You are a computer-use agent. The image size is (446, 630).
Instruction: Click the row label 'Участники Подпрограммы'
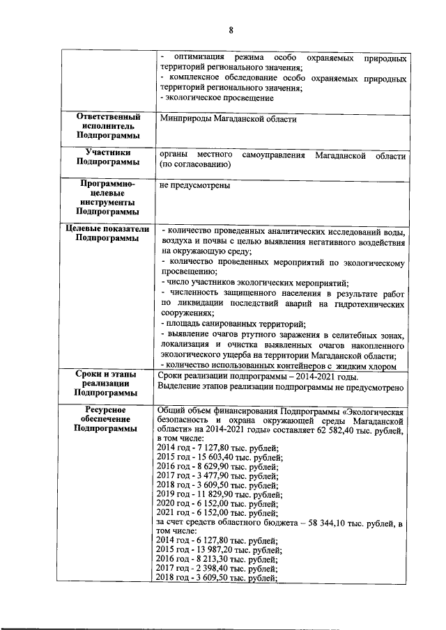click(x=107, y=157)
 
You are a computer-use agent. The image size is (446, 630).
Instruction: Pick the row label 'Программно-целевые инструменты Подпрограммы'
click(x=107, y=198)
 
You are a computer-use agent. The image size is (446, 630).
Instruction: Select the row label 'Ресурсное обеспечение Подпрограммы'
click(x=107, y=420)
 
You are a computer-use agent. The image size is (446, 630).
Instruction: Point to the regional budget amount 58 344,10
click(x=331, y=521)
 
